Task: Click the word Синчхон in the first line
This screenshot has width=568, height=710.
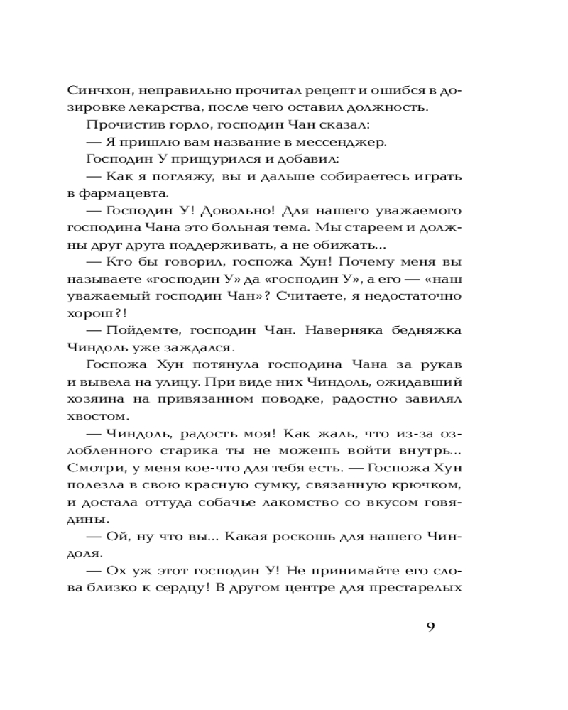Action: [x=96, y=91]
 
